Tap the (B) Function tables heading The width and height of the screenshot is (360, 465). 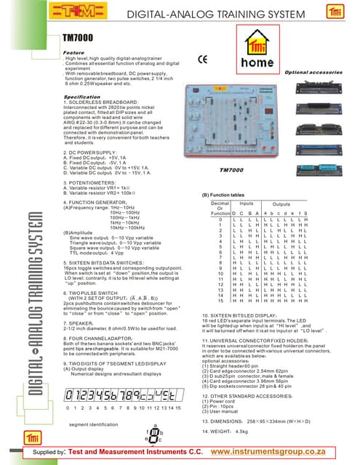pos(226,196)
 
